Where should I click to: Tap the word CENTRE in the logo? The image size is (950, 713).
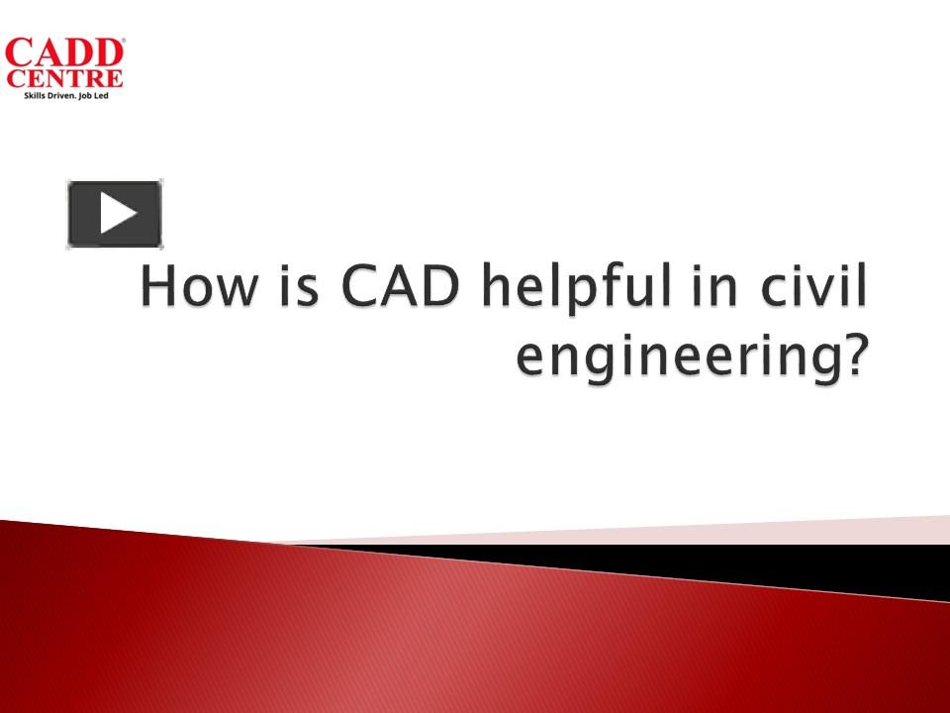point(64,78)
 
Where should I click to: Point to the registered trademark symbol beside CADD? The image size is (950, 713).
point(121,42)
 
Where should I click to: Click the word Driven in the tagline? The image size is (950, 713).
point(61,95)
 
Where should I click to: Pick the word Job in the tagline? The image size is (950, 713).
point(87,95)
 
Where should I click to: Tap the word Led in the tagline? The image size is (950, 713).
point(104,95)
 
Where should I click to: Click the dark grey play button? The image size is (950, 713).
point(115,214)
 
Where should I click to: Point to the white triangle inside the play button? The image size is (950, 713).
point(118,214)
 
